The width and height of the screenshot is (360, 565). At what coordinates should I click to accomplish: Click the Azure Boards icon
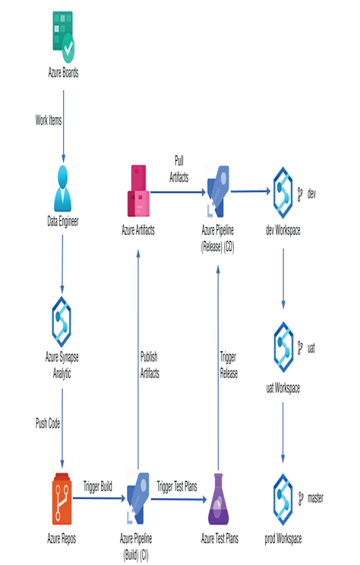point(64,37)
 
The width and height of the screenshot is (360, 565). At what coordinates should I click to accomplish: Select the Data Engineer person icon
point(63,188)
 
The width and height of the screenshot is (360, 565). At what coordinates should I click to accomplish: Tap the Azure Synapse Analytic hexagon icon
point(62,322)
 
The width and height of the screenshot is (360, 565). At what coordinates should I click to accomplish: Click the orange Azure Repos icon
point(62,499)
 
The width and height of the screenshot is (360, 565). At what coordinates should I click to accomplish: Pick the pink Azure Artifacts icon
point(138,191)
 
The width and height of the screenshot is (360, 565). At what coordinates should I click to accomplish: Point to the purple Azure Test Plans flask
point(219,499)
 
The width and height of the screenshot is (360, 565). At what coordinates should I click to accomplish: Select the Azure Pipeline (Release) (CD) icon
point(218,191)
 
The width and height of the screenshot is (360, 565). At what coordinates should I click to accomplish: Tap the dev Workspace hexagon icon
point(283,192)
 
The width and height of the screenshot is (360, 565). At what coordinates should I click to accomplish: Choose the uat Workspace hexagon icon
point(283,347)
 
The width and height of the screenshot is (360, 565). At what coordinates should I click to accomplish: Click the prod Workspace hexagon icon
point(283,500)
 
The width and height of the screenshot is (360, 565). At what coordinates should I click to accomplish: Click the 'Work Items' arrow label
point(49,120)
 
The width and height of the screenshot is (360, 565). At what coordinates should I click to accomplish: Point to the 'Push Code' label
point(48,423)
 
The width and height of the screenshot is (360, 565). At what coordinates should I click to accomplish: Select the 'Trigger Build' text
point(98,487)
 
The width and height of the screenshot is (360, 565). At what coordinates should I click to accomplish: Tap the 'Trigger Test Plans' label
point(177,487)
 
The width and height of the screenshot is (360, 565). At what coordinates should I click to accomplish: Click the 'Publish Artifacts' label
point(150,365)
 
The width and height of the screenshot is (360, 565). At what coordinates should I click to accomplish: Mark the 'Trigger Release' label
point(229,365)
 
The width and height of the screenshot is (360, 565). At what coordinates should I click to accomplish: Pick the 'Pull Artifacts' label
point(179,169)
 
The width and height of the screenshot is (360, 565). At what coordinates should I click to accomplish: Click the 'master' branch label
point(315,498)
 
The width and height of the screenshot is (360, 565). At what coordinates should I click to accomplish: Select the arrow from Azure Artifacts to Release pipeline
point(178,192)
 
